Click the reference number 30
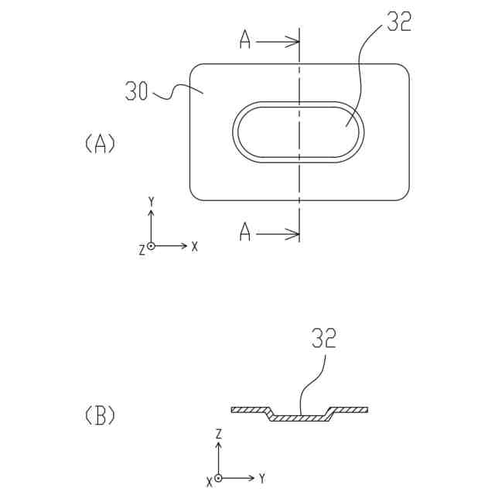[x=136, y=91]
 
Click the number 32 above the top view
[x=398, y=22]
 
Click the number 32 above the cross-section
[x=323, y=338]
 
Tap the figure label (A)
[x=100, y=144]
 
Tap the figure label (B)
[x=100, y=416]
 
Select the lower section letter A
[x=244, y=232]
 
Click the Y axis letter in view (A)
[x=152, y=202]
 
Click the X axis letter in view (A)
[x=195, y=246]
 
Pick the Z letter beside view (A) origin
[x=142, y=250]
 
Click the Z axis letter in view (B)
[x=219, y=434]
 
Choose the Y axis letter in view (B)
[x=263, y=478]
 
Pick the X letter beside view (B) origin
[x=209, y=483]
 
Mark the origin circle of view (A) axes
[x=152, y=246]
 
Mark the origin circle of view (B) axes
[x=219, y=478]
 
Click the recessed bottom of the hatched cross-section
[x=300, y=418]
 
